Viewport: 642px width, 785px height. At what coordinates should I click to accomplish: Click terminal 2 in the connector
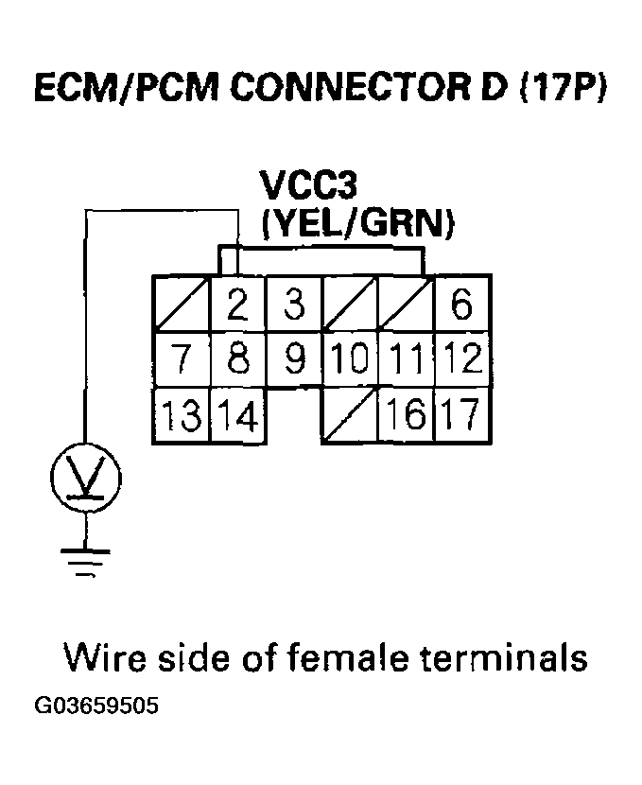pos(237,305)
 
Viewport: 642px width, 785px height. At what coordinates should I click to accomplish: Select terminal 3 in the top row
pos(294,305)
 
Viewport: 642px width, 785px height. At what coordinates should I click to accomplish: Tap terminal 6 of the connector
pos(461,305)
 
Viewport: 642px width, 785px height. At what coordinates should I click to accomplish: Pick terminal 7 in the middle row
pos(182,359)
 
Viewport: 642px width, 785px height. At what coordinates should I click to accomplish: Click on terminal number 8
pos(237,359)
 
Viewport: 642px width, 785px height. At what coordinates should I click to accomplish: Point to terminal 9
pos(294,359)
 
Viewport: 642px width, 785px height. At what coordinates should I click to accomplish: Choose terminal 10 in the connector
pos(350,359)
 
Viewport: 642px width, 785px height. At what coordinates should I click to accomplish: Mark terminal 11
pos(406,359)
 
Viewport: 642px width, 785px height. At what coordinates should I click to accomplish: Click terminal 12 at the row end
pos(461,359)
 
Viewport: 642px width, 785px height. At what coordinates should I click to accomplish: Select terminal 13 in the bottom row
pos(182,415)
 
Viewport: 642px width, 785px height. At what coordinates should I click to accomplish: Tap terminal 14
pos(237,415)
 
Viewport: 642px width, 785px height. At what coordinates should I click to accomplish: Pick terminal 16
pos(406,415)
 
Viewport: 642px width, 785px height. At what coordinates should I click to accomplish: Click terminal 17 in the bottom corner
pos(461,415)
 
